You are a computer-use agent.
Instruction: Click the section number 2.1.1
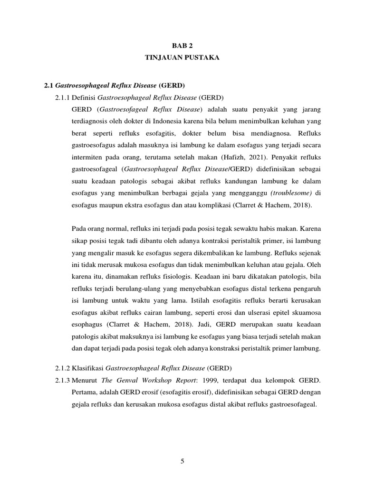(62, 98)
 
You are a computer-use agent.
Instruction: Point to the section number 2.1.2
(62, 368)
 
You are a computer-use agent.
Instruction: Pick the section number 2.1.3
(62, 380)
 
